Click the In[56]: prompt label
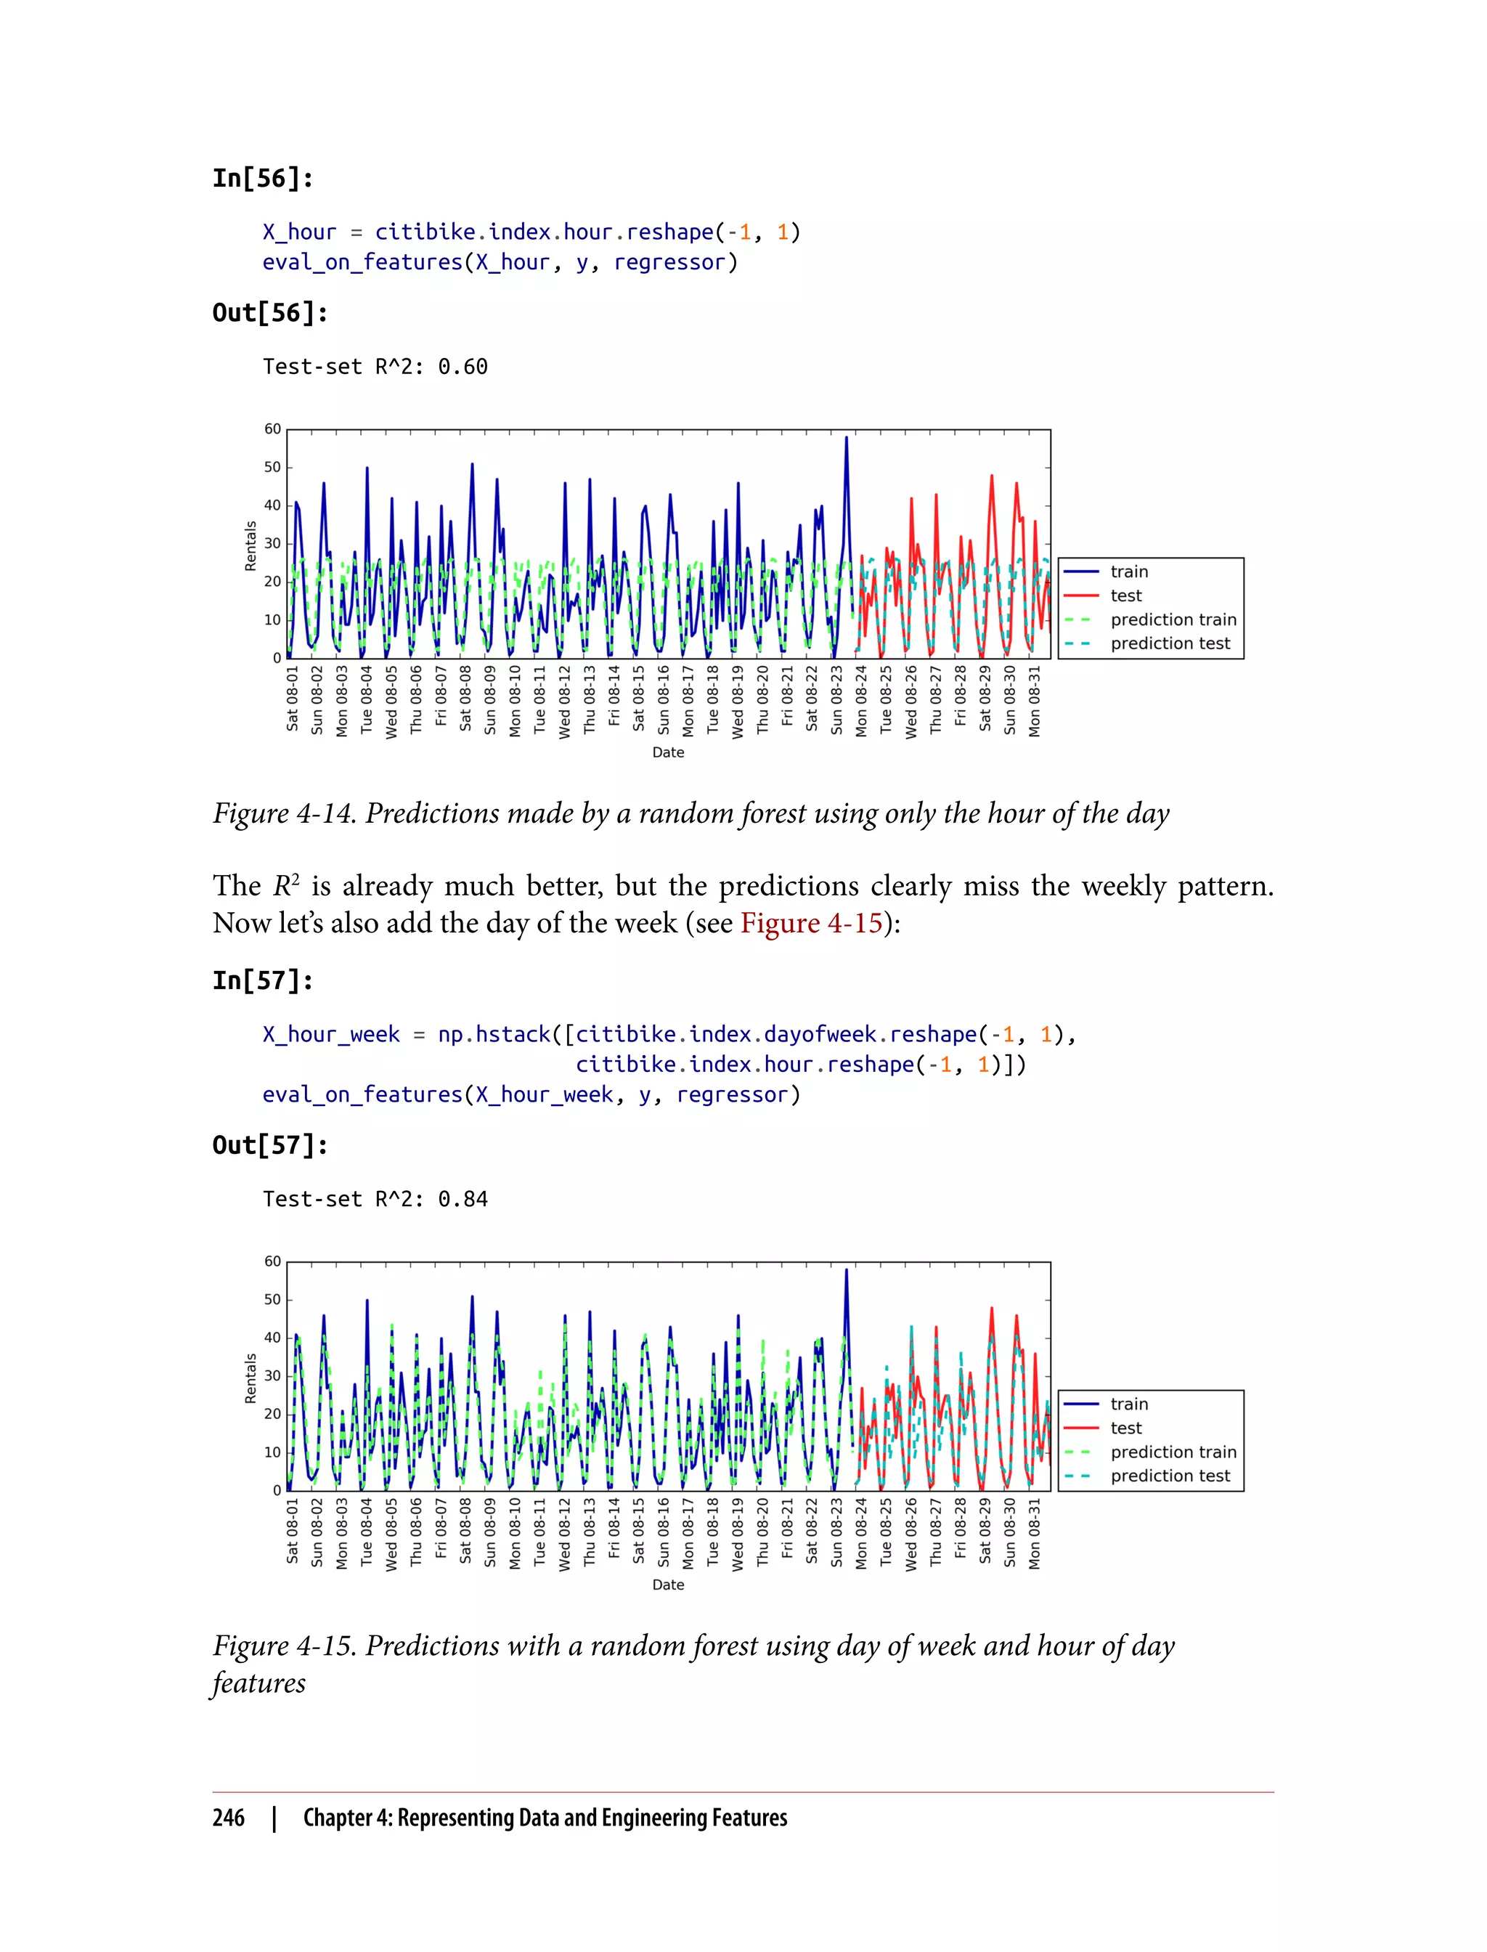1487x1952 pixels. tap(262, 179)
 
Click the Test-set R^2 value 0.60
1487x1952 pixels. tap(462, 367)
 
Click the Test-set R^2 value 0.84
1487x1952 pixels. tap(462, 1199)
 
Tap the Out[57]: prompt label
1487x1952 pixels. tap(270, 1144)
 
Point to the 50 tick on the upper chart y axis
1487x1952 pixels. tap(272, 468)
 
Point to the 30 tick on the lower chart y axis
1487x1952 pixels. tap(272, 1375)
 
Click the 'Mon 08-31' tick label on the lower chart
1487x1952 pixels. tap(1035, 1533)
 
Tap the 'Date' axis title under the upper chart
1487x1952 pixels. tap(668, 752)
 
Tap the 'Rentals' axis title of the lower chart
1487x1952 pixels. tap(250, 1378)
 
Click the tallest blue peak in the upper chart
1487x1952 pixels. tap(846, 438)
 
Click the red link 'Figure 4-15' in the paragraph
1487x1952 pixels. tap(811, 923)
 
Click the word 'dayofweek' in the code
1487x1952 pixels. tap(820, 1034)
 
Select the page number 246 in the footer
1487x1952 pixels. tap(229, 1818)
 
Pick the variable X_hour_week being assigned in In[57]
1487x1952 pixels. tap(331, 1034)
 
